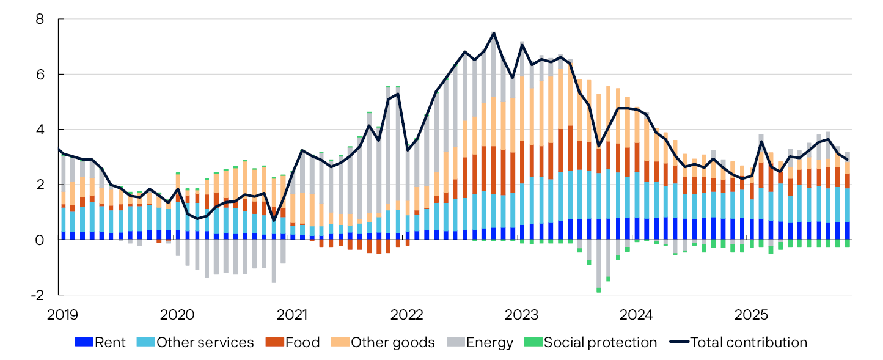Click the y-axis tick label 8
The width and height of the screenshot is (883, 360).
40,19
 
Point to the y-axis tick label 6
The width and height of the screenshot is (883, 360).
40,74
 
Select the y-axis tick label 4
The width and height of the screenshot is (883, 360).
40,129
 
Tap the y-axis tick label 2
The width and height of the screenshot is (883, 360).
40,184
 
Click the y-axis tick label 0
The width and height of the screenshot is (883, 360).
40,240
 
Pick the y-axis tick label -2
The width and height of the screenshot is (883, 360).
37,295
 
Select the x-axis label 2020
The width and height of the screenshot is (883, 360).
177,315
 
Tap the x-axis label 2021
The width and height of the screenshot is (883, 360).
291,315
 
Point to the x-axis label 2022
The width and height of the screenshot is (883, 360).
406,315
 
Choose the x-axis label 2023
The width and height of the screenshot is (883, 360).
521,315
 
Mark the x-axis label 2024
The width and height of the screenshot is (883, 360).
636,315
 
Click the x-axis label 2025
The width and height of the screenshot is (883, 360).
751,315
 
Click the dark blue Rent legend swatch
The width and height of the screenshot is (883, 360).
83,342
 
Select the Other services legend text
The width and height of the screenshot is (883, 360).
205,342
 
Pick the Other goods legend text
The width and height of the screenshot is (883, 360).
392,342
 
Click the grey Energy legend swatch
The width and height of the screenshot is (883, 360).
455,342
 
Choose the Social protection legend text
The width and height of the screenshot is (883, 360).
600,342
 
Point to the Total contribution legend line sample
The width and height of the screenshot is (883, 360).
678,342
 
